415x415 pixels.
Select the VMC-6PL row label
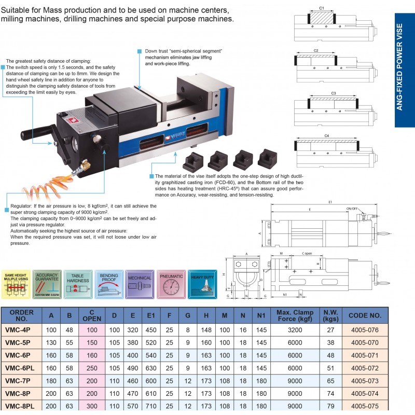point(21,366)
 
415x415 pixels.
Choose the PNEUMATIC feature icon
point(171,284)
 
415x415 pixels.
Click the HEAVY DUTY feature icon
point(203,284)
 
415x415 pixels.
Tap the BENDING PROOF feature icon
point(109,284)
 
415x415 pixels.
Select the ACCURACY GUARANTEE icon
point(47,284)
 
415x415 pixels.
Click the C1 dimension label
point(322,8)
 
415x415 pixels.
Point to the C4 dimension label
point(327,135)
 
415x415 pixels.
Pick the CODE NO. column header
point(365,314)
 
